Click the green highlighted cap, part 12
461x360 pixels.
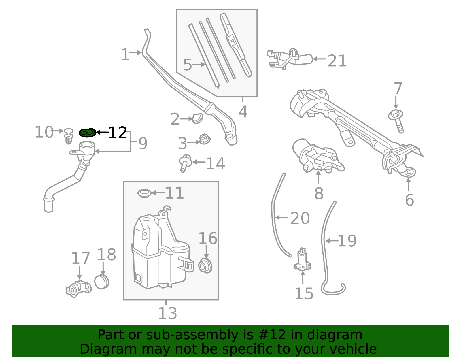87,133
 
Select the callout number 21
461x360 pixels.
337,61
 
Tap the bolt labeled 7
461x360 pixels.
396,121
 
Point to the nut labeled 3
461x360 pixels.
205,139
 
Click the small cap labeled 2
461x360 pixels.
198,118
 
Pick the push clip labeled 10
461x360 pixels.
69,136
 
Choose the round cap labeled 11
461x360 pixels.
144,193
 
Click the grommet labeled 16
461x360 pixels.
205,265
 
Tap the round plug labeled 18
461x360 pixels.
102,282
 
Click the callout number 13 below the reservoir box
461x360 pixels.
168,313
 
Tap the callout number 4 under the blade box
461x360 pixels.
243,112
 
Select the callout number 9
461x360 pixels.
143,144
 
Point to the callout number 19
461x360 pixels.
347,241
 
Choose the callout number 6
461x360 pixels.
409,200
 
